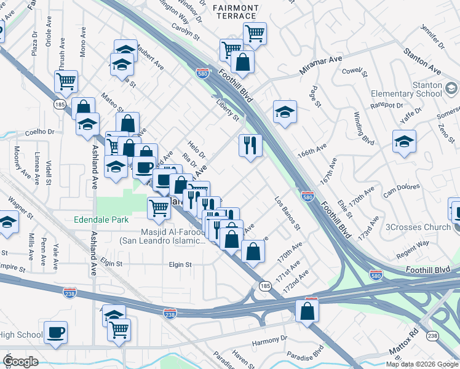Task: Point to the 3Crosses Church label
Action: click(x=418, y=227)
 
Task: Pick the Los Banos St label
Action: click(x=287, y=213)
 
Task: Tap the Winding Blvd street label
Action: click(x=364, y=127)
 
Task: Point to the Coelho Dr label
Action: click(x=40, y=132)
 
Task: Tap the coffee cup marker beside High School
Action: click(x=57, y=331)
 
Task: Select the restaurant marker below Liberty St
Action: click(x=250, y=146)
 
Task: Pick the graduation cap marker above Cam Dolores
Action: click(x=405, y=141)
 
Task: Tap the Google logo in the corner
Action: click(x=21, y=362)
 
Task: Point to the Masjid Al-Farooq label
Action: click(x=163, y=236)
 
